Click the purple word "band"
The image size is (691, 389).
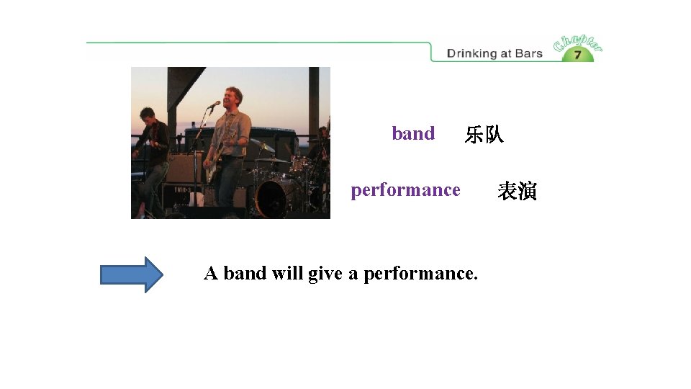point(413,134)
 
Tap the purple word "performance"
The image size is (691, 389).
point(405,190)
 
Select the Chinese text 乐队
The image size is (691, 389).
point(484,135)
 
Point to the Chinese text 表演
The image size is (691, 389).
point(517,192)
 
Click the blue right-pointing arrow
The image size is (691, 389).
point(132,274)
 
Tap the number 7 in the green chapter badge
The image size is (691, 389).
point(577,54)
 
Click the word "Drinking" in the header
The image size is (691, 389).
point(471,53)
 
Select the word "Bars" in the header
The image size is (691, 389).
point(529,53)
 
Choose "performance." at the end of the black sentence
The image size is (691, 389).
point(420,274)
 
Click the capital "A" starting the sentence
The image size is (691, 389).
point(211,274)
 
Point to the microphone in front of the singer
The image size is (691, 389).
point(214,105)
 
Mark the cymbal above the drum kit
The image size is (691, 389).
point(263,146)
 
